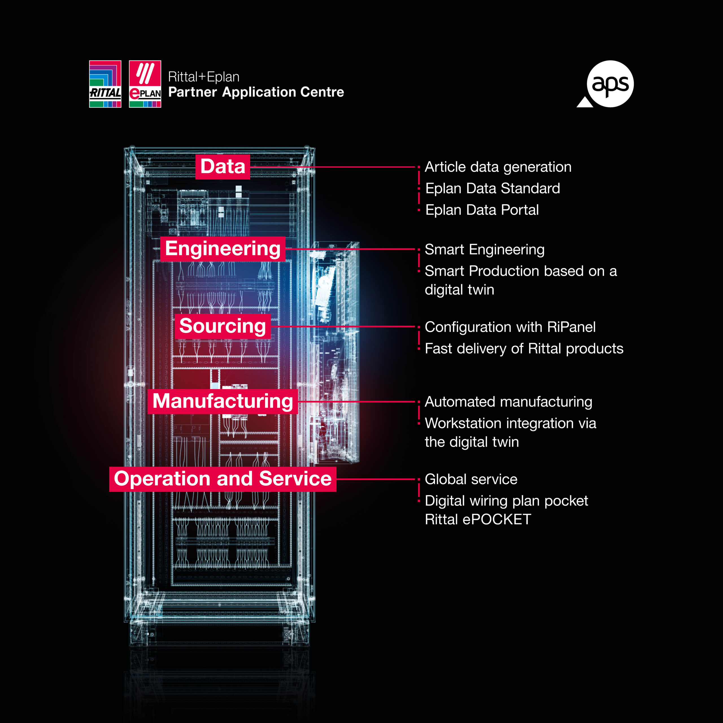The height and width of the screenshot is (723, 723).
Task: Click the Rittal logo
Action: click(105, 84)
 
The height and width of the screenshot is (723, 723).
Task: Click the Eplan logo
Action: click(145, 84)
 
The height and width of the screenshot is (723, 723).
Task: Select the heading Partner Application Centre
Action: click(256, 92)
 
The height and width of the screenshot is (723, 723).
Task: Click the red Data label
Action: click(223, 167)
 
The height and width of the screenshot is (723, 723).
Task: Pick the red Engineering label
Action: click(223, 249)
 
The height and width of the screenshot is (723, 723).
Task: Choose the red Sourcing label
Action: click(223, 326)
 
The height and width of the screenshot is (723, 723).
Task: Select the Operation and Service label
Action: click(223, 479)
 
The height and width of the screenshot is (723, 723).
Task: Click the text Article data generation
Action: click(498, 167)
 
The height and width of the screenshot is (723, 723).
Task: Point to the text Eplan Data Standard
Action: click(493, 188)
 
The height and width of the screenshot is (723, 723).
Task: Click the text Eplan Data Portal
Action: click(482, 210)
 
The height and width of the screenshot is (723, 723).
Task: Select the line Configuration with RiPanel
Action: click(510, 327)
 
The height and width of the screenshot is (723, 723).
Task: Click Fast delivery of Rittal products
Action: click(524, 349)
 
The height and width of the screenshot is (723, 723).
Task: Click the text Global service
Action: click(471, 479)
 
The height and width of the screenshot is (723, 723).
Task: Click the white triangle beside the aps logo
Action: click(585, 103)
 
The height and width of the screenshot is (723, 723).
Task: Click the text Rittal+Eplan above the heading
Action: click(204, 77)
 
